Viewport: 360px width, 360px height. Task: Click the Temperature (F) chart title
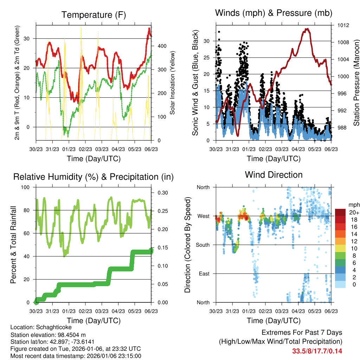[x=94, y=15]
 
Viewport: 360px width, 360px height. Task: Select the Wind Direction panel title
[x=274, y=175]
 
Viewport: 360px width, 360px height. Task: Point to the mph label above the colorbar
[x=353, y=205]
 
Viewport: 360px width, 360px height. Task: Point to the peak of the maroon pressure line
[x=307, y=29]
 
